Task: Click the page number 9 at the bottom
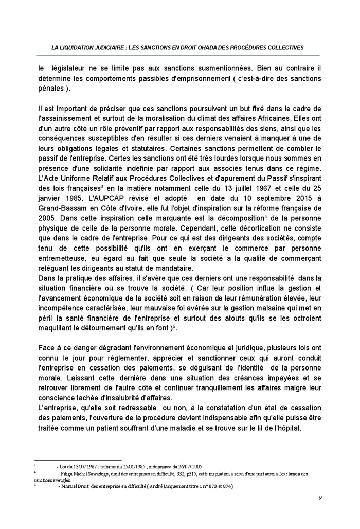point(320,498)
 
